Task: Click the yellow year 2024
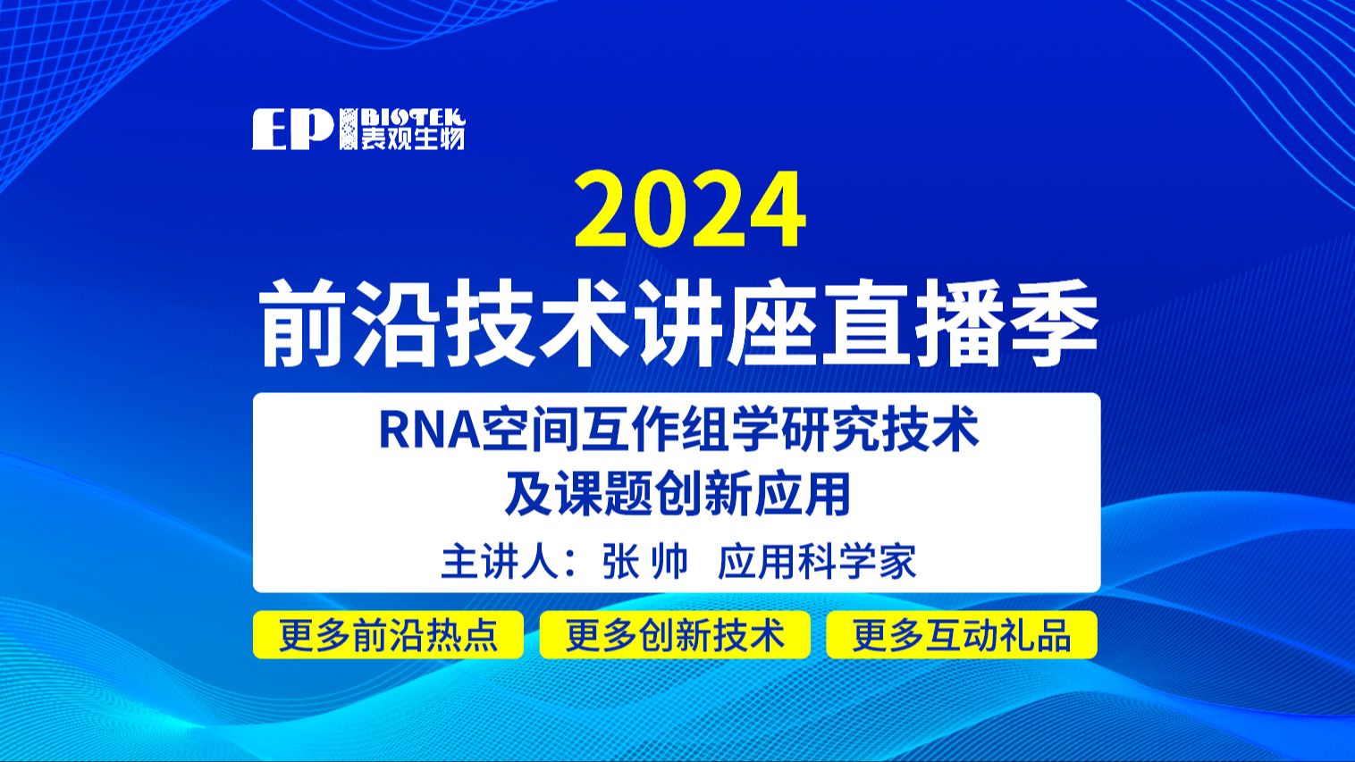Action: pyautogui.click(x=690, y=211)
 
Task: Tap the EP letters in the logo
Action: pyautogui.click(x=292, y=130)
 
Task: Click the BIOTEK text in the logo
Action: pyautogui.click(x=412, y=118)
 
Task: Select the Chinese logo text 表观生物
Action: pyautogui.click(x=412, y=138)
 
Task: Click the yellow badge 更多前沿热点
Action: pyautogui.click(x=388, y=635)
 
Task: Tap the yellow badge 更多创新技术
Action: pyautogui.click(x=675, y=635)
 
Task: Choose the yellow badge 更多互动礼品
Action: pyautogui.click(x=962, y=635)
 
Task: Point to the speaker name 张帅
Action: pyautogui.click(x=645, y=562)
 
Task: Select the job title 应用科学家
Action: pyautogui.click(x=817, y=562)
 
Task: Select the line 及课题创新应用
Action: pyautogui.click(x=677, y=494)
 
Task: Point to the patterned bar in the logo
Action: pyautogui.click(x=348, y=130)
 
